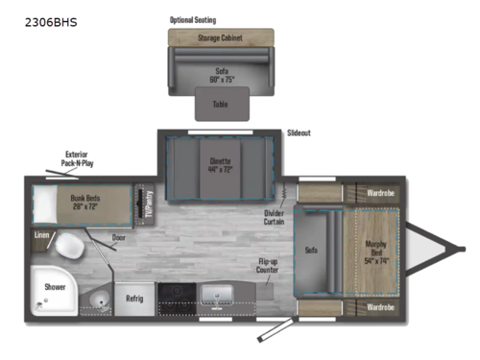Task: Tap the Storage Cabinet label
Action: pos(221,37)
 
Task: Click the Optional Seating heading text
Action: pos(192,19)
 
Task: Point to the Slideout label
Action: pos(299,133)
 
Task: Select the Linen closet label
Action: pos(41,233)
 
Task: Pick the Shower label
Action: pos(53,285)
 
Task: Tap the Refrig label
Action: pos(135,299)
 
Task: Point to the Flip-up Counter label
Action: pos(268,264)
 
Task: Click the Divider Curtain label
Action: pos(275,217)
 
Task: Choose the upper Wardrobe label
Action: pos(379,194)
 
